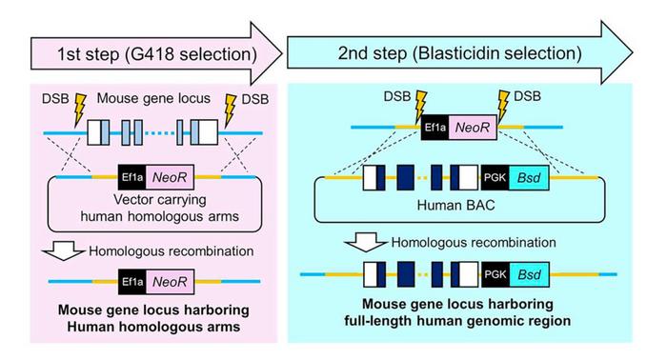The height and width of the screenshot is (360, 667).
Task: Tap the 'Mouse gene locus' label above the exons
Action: click(x=152, y=98)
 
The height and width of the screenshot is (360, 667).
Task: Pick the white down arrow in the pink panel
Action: click(x=64, y=250)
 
